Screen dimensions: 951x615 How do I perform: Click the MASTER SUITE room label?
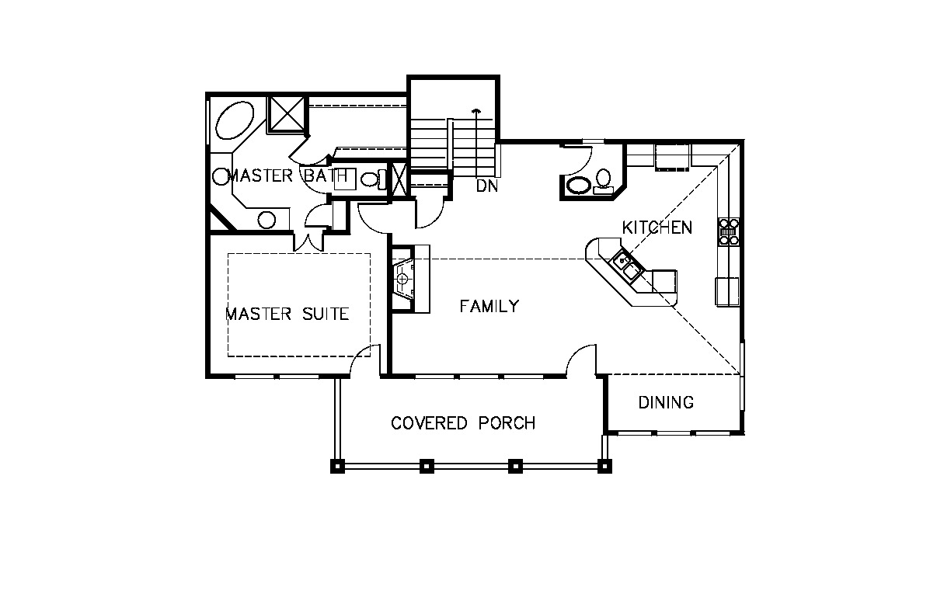287,314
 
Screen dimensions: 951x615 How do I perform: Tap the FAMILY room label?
489,306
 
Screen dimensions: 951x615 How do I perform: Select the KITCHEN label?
657,228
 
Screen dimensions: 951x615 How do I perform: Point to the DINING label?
666,402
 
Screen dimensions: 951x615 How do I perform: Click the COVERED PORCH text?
463,423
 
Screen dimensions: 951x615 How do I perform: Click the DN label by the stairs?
486,186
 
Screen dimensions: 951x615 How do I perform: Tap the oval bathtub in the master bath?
235,120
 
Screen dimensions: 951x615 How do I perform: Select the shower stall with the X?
287,113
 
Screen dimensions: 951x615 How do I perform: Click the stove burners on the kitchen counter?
729,232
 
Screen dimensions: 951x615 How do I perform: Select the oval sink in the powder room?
579,186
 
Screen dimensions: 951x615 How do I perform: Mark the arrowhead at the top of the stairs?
477,111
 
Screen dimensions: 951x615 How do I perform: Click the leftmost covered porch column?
337,467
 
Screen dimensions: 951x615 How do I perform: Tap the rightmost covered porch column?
604,467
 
